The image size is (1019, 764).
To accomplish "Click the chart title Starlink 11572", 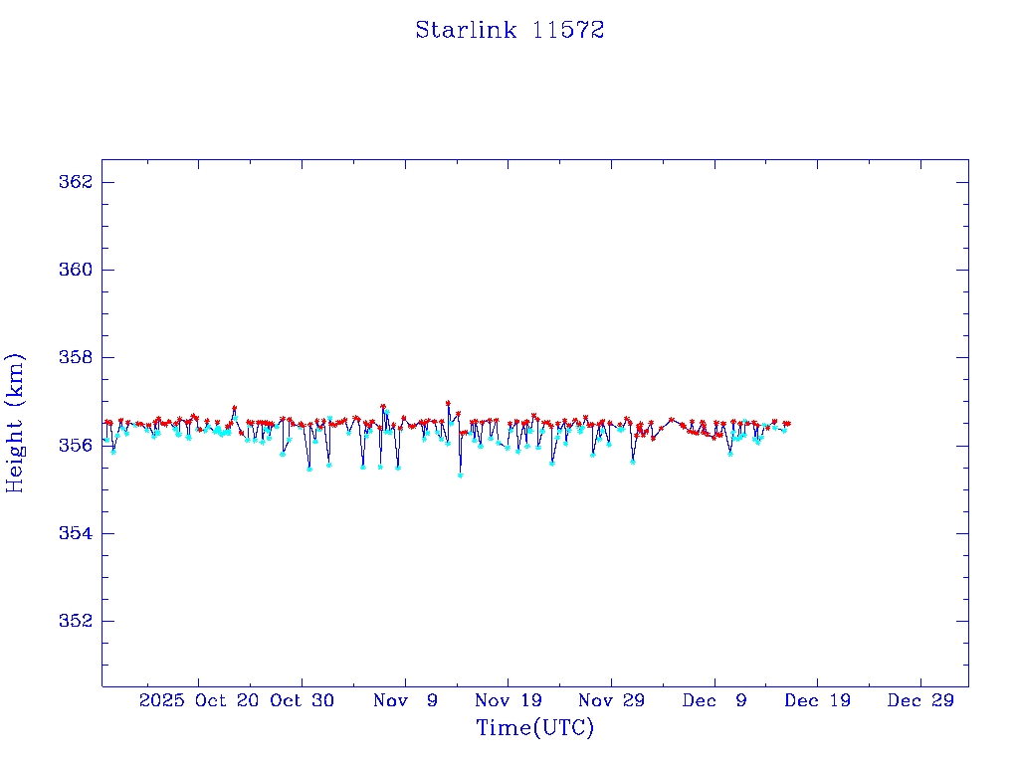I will [509, 30].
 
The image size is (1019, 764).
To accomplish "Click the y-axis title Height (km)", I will [15, 423].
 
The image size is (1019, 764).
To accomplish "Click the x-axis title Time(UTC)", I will [534, 728].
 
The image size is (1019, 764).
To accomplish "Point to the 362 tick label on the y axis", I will [76, 182].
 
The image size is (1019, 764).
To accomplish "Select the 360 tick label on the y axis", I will [76, 270].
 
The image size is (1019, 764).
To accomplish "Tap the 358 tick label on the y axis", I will [76, 357].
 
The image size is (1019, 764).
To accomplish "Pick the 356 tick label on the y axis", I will [76, 445].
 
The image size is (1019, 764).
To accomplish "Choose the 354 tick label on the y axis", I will [76, 533].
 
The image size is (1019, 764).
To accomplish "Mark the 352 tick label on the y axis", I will [76, 621].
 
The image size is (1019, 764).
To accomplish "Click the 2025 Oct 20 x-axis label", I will [199, 700].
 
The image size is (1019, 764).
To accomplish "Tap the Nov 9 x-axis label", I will [405, 700].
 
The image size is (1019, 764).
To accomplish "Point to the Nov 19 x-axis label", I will [508, 700].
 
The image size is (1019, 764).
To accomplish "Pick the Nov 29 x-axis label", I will [611, 700].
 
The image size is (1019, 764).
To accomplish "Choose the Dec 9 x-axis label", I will [714, 700].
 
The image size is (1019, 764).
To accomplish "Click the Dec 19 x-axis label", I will [817, 700].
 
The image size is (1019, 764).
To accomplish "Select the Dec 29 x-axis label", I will [920, 700].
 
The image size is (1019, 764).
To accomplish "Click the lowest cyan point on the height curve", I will [460, 476].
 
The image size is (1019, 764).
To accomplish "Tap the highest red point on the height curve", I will [448, 403].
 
